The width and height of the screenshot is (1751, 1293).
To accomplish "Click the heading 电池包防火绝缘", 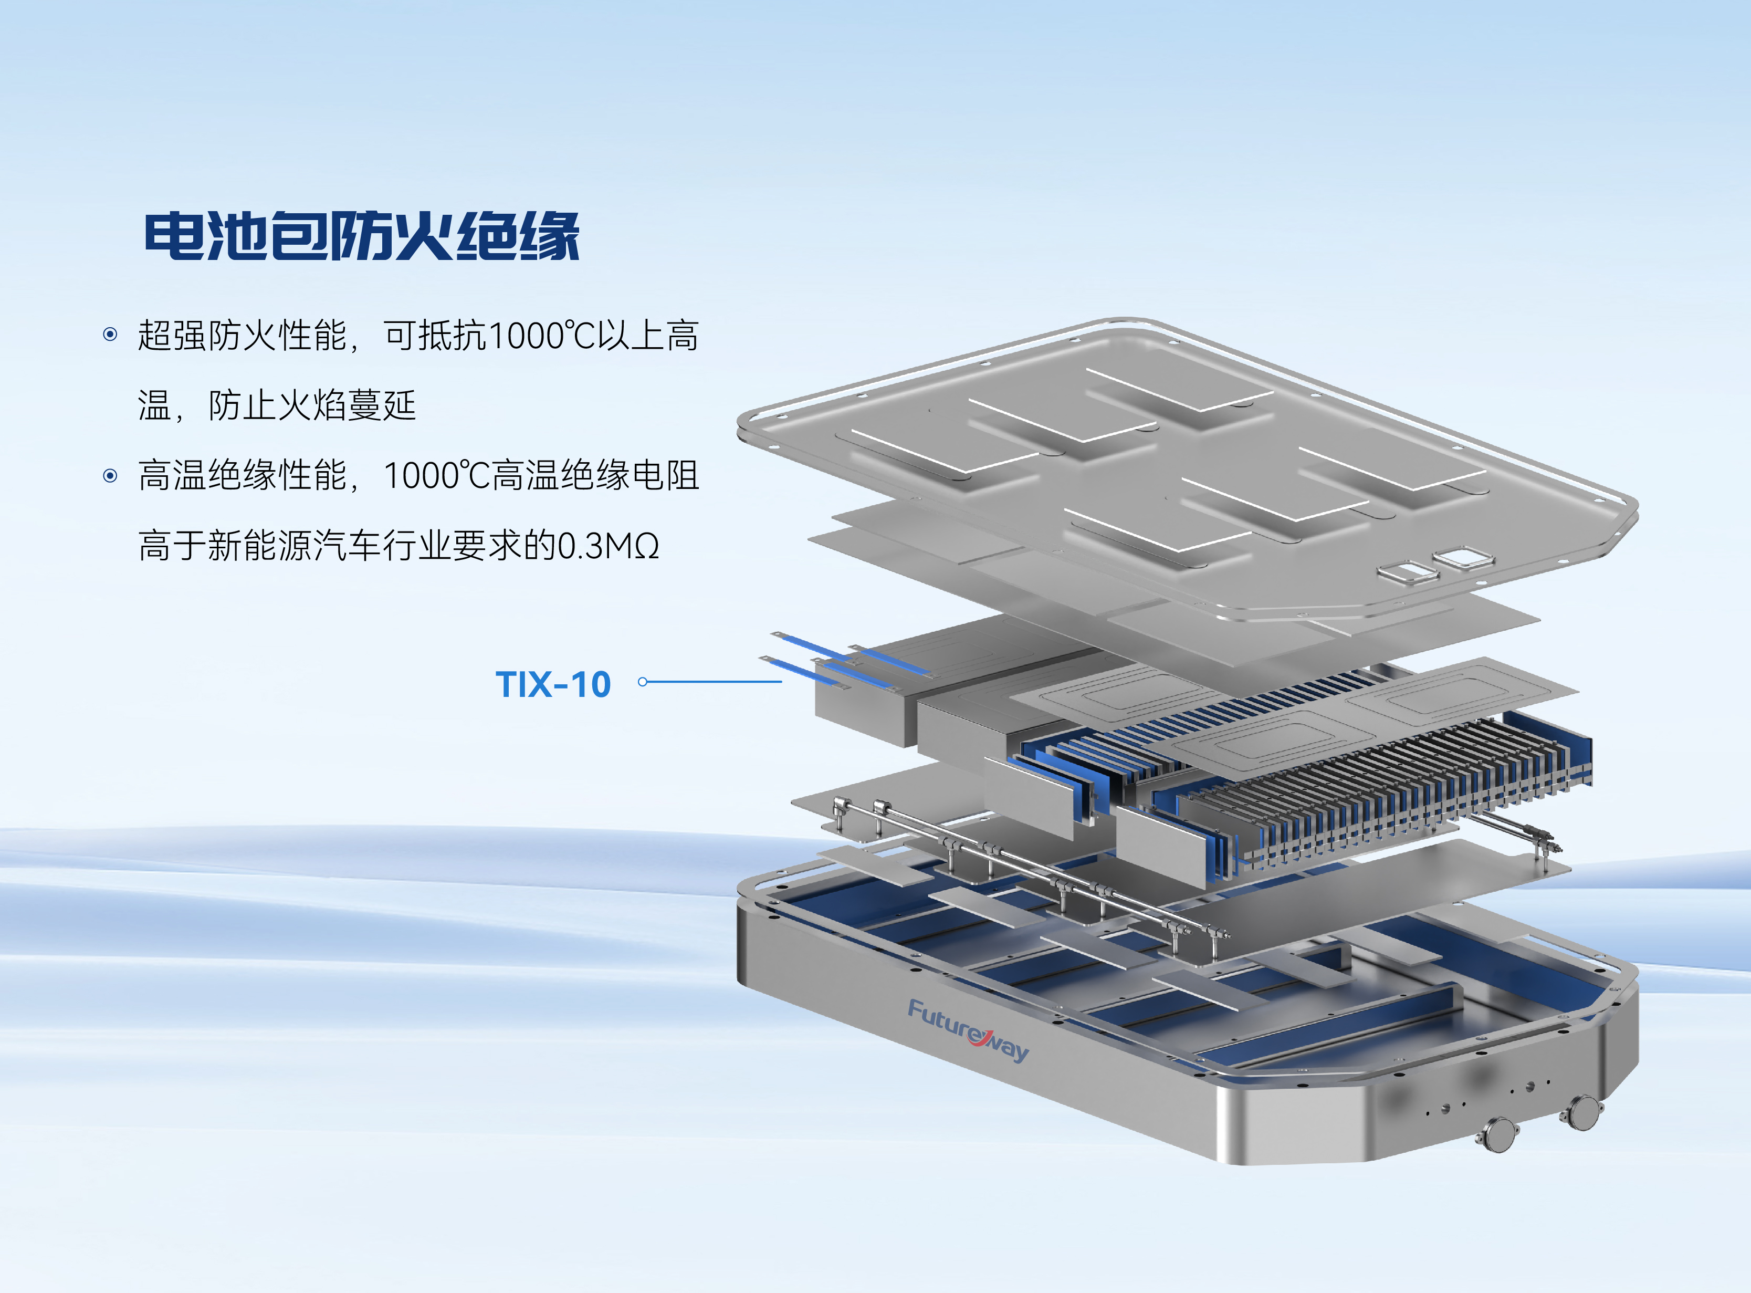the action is [x=361, y=236].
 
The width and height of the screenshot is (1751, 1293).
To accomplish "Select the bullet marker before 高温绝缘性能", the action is [x=110, y=475].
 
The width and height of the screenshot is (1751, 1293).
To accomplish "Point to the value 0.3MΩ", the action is [x=609, y=546].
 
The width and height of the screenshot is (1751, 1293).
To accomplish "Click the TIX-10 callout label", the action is [x=553, y=684].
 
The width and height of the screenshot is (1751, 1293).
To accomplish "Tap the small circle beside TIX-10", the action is [x=642, y=682].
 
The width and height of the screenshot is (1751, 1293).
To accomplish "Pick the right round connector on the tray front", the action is [x=1583, y=1111].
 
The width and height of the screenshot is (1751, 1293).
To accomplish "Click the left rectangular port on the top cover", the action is [x=1408, y=571].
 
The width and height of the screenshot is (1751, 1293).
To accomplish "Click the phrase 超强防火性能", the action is [x=243, y=335].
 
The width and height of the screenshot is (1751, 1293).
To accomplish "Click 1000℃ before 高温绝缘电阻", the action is [x=437, y=475].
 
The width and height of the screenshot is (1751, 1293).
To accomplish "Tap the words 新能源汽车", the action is [x=295, y=546].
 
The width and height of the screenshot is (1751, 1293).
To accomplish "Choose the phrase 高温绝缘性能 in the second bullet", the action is [x=243, y=475].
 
